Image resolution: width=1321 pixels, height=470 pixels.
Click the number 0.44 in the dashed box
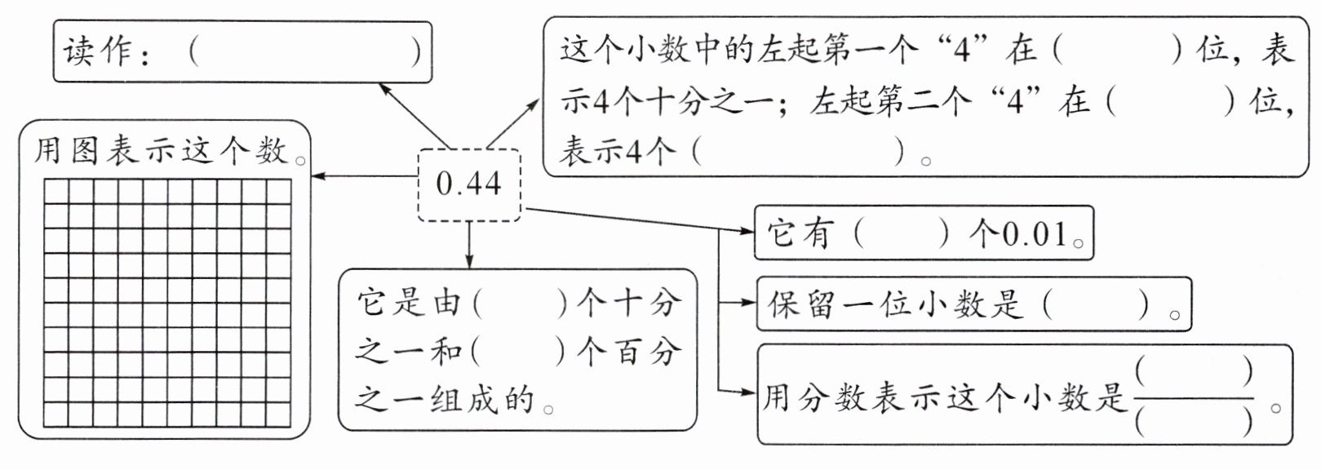(x=468, y=184)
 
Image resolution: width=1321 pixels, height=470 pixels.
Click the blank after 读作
(x=305, y=52)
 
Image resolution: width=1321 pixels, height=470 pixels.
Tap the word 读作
(x=98, y=52)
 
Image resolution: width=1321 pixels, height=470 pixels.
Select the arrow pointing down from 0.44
(x=469, y=245)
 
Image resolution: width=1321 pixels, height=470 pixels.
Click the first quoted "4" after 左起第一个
(x=962, y=51)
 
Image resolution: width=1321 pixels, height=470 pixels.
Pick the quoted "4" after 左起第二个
(x=1015, y=102)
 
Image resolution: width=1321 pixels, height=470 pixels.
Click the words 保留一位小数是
(x=895, y=305)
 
